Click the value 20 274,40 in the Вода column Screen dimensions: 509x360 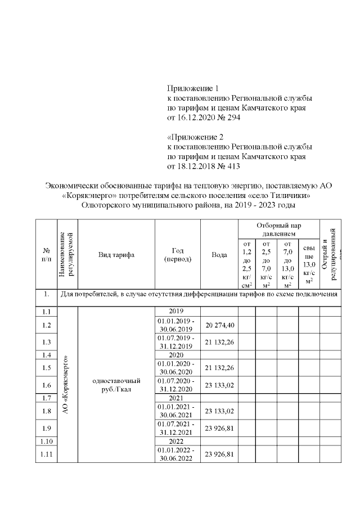pyautogui.click(x=219, y=325)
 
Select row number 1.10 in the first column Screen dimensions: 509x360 pyautogui.click(x=47, y=441)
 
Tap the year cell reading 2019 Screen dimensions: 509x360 pyautogui.click(x=176, y=310)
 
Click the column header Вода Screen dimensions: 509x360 pyautogui.click(x=219, y=255)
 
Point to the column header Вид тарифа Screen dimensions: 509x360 pyautogui.click(x=116, y=255)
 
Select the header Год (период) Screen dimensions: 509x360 pyautogui.click(x=177, y=255)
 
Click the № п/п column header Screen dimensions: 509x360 pyautogui.click(x=47, y=255)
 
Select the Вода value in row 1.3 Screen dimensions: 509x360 pyautogui.click(x=219, y=342)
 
